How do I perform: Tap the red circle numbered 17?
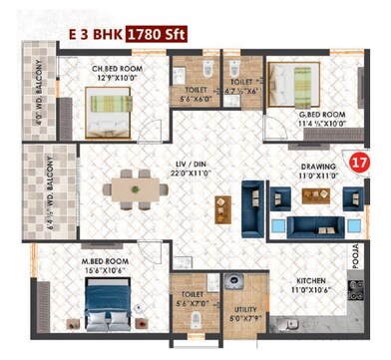[x=362, y=160]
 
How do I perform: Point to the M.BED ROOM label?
[x=106, y=259]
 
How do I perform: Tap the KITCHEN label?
[x=305, y=280]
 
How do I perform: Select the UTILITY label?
[x=242, y=310]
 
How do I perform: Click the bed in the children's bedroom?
[x=106, y=106]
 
